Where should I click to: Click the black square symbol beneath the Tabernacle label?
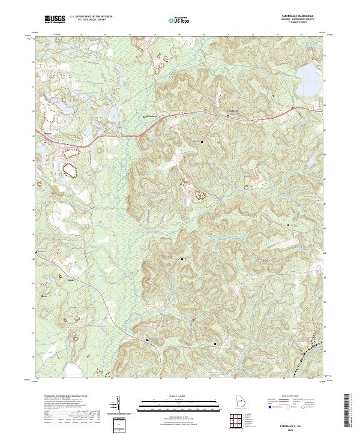point(202,142)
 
